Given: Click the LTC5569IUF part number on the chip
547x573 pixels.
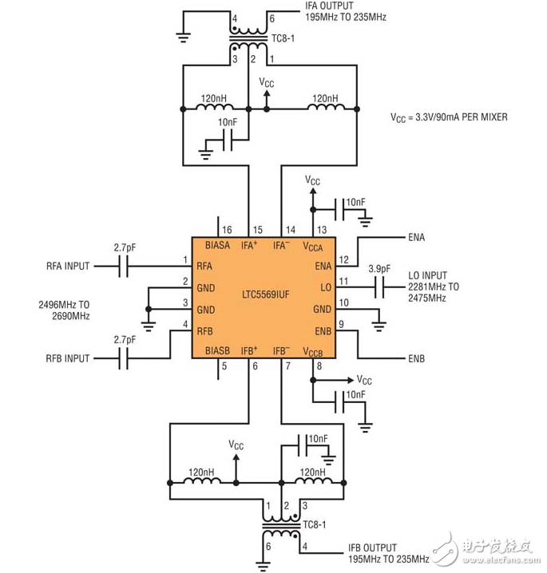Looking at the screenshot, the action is (x=266, y=294).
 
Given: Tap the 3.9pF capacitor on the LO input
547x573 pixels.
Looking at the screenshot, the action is (x=380, y=286).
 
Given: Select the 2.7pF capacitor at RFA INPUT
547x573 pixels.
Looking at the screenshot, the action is (x=124, y=266).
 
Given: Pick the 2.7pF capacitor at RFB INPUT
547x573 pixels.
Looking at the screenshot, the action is (x=124, y=358).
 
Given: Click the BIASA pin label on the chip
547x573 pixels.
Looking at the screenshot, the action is (x=217, y=245).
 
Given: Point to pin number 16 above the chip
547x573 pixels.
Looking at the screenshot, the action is (x=227, y=230).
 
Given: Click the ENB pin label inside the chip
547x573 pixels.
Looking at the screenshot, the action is (x=323, y=331).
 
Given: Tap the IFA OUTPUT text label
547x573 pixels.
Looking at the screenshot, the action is (x=330, y=6).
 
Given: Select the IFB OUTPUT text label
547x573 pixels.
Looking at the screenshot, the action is (x=372, y=547).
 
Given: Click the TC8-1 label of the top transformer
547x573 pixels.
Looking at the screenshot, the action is (x=283, y=38).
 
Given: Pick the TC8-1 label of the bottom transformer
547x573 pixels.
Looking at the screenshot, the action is (x=315, y=524).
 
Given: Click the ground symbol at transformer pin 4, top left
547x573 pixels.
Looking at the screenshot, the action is (x=183, y=38).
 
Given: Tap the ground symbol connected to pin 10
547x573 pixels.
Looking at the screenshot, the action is (x=379, y=326).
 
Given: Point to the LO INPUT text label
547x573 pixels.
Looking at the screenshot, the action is (x=427, y=275).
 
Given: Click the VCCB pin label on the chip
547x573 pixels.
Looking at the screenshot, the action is (x=312, y=352).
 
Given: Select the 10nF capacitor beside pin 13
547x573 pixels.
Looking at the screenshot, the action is (x=339, y=209).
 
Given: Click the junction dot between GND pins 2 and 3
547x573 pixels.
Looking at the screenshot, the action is (x=149, y=309).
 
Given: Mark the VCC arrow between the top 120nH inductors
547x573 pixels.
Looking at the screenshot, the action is (x=267, y=100).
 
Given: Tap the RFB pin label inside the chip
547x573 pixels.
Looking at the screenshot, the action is (x=204, y=331).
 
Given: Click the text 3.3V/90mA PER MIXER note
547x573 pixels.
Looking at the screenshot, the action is (x=462, y=117).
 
